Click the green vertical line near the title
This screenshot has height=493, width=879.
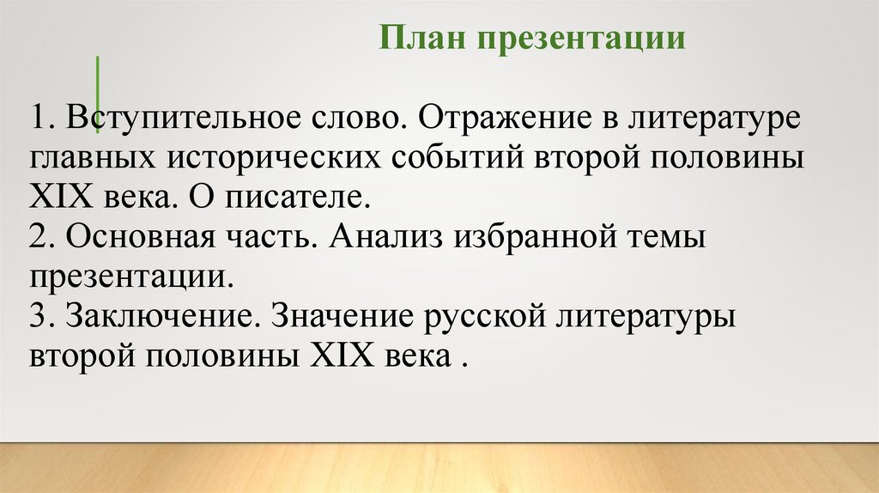97,94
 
